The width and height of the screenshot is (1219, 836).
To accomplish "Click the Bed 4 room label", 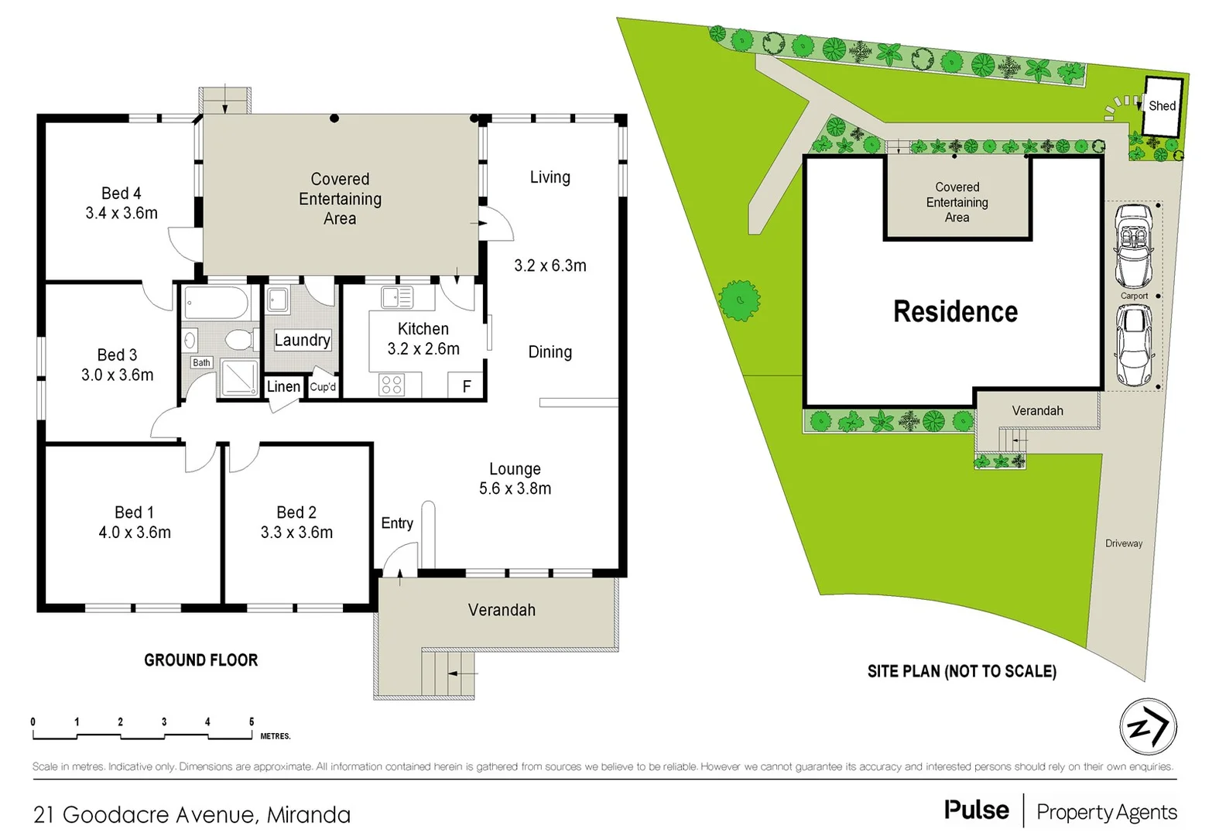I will (122, 203).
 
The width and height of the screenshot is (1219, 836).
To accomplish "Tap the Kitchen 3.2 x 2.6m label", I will (423, 339).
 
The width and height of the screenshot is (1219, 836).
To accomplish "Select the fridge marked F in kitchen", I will (467, 386).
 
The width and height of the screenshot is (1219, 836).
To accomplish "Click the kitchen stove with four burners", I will (392, 385).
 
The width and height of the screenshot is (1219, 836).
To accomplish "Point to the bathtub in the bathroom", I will (216, 303).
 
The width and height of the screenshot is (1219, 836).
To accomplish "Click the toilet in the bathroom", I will (241, 339).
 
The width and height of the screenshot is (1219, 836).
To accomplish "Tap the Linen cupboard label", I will (283, 386).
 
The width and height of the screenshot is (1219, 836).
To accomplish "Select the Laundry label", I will (302, 340).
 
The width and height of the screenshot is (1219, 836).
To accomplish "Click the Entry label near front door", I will (397, 523).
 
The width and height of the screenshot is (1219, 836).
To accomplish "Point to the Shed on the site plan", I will (1162, 106).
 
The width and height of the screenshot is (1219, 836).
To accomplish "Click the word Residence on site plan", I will (955, 311).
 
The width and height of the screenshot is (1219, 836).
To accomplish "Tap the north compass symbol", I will (1148, 728).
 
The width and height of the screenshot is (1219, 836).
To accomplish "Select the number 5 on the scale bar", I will (252, 721).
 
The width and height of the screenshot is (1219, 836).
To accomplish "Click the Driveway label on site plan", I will (1124, 543).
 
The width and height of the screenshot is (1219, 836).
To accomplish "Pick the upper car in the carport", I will (1133, 245).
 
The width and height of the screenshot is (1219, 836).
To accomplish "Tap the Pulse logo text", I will (977, 810).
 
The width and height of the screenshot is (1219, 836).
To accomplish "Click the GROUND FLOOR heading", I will (200, 660).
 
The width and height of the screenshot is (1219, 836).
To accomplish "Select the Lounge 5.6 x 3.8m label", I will (515, 478).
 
